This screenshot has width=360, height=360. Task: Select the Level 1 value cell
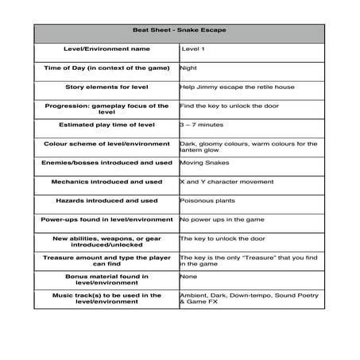(x=194, y=49)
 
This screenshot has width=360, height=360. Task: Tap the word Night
(x=188, y=68)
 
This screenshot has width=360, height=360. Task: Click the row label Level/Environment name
(x=106, y=49)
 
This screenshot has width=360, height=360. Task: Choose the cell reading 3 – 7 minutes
(x=202, y=125)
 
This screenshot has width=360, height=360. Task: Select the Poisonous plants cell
(x=207, y=200)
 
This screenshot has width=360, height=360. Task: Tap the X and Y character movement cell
(x=226, y=181)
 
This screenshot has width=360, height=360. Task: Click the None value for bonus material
(x=188, y=277)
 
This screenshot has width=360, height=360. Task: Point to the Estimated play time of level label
(x=106, y=125)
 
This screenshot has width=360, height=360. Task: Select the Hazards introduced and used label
(x=106, y=200)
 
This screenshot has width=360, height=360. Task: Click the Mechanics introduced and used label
(x=106, y=181)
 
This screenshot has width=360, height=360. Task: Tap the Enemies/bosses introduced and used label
(x=106, y=162)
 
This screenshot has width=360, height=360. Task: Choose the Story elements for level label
(x=106, y=87)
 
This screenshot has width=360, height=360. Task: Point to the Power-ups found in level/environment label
(x=106, y=219)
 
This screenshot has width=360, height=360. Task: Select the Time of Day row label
(x=106, y=68)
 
